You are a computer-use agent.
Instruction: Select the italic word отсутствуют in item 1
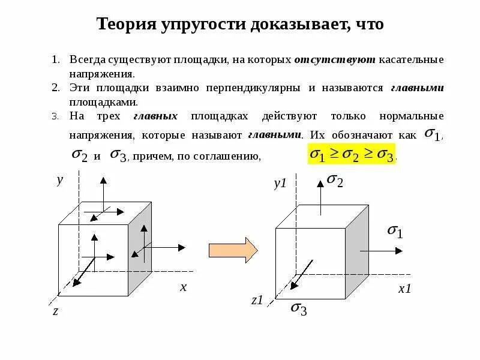tap(335, 60)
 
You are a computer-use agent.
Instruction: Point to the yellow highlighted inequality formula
tap(351, 155)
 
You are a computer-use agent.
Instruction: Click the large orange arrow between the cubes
tap(233, 248)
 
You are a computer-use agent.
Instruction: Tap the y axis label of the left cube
tap(59, 180)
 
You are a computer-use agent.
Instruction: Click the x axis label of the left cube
tap(184, 287)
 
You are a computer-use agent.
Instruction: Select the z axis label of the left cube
tap(55, 310)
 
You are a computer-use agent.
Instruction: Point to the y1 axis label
tap(281, 184)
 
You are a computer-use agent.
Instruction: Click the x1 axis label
tap(405, 289)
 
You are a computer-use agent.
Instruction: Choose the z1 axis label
tap(257, 300)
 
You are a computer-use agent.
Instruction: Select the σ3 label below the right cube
tap(299, 308)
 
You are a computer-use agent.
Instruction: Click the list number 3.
tap(55, 116)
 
